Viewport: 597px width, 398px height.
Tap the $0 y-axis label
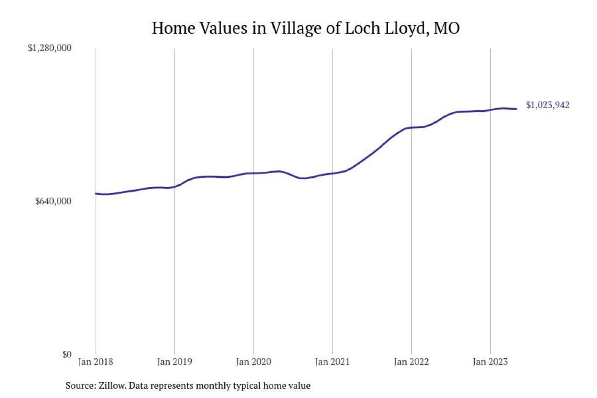67,354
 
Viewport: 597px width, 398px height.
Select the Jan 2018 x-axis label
96,362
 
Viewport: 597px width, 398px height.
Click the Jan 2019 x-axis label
174,362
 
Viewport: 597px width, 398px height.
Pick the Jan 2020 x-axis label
253,362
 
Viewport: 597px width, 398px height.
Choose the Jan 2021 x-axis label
333,362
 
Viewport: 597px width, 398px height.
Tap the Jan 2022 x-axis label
411,362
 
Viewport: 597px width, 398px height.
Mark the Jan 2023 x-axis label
490,362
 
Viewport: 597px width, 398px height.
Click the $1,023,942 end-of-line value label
548,105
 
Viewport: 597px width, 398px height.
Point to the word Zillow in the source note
110,386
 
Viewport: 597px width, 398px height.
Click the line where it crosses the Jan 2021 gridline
333,173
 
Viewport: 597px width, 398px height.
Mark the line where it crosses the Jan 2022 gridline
411,127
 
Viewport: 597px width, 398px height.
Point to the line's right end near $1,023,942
516,109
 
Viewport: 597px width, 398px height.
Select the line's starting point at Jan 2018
96,193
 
